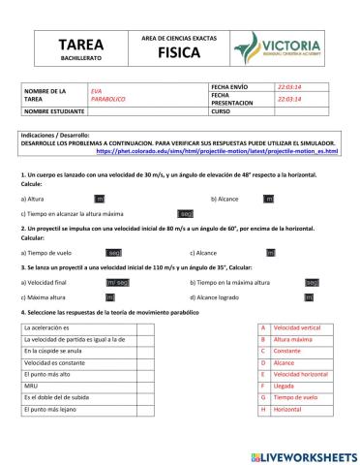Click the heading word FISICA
point(178,52)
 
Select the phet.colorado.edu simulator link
point(231,152)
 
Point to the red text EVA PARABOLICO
point(107,96)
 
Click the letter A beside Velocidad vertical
point(262,327)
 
